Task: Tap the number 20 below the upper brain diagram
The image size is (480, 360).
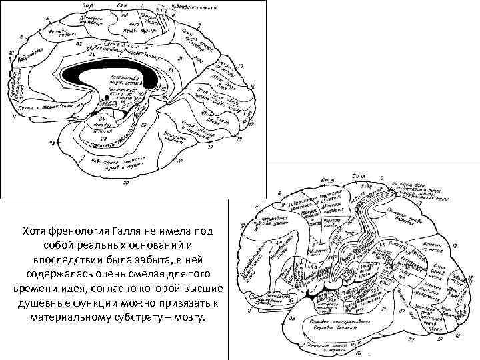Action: click(126, 181)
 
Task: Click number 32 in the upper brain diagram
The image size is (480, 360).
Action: click(79, 45)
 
